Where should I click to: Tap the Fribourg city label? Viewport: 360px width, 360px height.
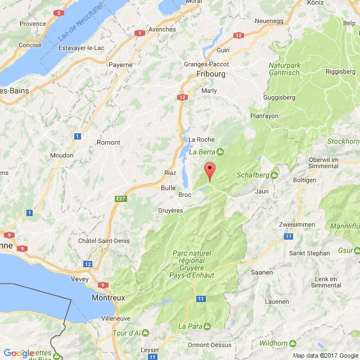[211, 74]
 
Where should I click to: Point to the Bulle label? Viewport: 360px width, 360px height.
[168, 188]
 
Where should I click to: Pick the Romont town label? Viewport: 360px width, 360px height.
[109, 142]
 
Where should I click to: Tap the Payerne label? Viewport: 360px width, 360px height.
[120, 65]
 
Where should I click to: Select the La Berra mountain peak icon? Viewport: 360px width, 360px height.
[220, 151]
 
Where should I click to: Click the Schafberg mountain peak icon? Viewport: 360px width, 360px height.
[274, 174]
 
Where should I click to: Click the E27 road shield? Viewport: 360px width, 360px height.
[120, 199]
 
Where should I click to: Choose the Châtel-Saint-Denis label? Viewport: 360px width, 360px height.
[104, 241]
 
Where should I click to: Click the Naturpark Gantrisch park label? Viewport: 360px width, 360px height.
[292, 70]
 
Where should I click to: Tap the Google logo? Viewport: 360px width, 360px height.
[19, 353]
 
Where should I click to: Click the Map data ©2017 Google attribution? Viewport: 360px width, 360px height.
[325, 355]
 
